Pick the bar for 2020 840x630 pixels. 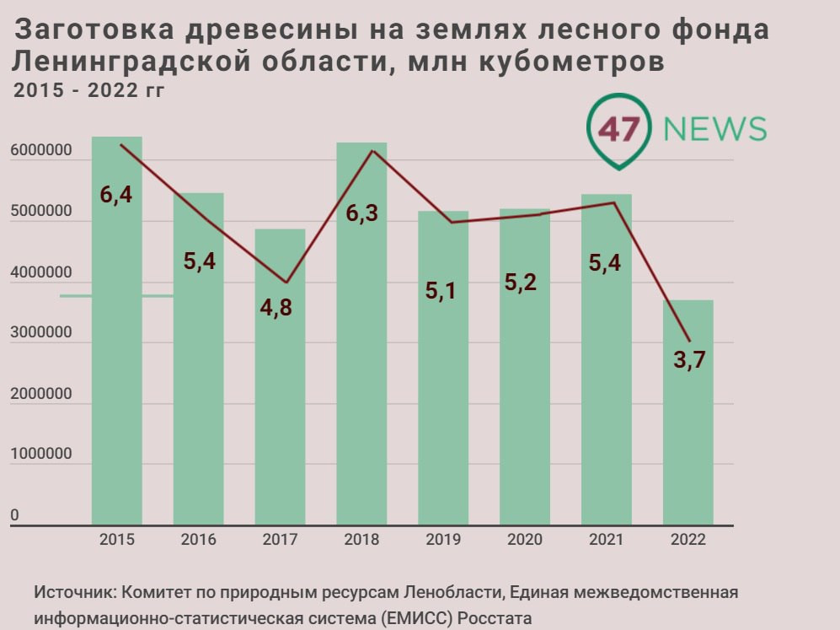click(524, 380)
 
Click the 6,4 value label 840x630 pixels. click(116, 196)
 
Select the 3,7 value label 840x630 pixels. click(688, 360)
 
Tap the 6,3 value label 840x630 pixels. click(361, 213)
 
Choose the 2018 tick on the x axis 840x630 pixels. click(361, 540)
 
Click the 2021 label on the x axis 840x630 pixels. click(607, 540)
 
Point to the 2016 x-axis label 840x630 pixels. click(198, 540)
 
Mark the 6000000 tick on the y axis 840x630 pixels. click(40, 153)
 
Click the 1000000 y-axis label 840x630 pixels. click(40, 455)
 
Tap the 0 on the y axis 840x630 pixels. click(14, 515)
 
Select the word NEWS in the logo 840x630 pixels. click(714, 129)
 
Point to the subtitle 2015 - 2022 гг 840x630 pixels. click(88, 90)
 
